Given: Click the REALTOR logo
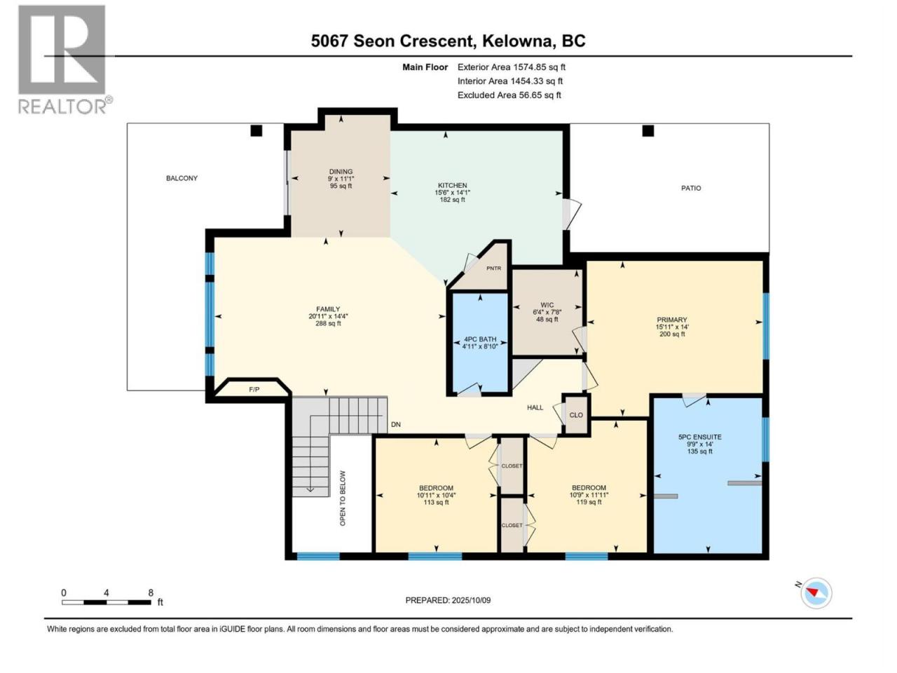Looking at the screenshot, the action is click(x=64, y=60).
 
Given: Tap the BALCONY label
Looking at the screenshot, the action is click(x=182, y=178).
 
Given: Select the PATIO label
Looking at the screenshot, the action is click(x=691, y=188).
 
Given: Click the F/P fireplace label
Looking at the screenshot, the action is click(x=254, y=389).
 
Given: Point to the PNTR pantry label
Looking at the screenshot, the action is click(x=493, y=268).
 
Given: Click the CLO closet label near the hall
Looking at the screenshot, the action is click(x=576, y=415).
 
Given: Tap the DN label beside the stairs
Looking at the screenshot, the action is click(x=395, y=425).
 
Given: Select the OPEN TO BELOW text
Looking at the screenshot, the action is click(x=343, y=498).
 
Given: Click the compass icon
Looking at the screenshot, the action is click(x=816, y=593).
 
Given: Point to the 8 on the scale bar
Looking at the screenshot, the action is click(x=151, y=593).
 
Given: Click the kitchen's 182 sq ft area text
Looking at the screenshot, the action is click(x=453, y=199).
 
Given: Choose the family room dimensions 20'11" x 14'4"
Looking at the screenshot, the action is click(x=328, y=316).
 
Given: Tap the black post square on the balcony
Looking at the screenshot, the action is click(x=256, y=131).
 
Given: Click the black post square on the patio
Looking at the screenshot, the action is click(x=648, y=131).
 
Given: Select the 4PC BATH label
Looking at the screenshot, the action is click(x=480, y=339).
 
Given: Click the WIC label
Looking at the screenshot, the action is click(x=547, y=305).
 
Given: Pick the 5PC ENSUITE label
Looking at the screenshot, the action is click(x=699, y=437).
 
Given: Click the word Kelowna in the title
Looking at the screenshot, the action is click(x=516, y=41).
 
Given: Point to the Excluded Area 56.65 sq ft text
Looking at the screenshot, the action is click(x=509, y=95).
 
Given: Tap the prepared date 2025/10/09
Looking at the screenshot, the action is click(x=471, y=600).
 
